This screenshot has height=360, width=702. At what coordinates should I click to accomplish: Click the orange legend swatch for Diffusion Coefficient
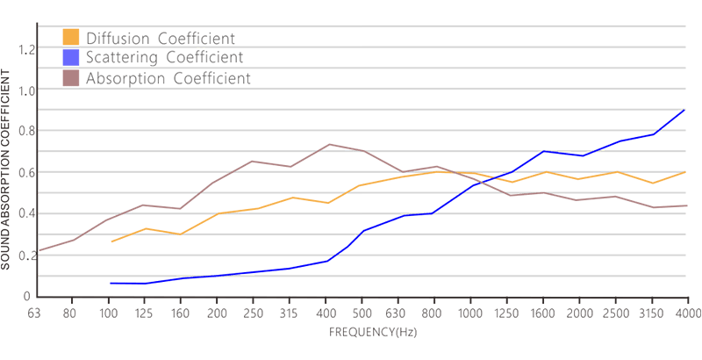[71, 37]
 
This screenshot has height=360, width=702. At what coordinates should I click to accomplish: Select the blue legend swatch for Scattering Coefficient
[71, 58]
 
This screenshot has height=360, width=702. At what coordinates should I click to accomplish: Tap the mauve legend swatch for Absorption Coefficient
[71, 78]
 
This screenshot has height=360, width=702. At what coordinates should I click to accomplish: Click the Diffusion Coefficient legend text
[158, 38]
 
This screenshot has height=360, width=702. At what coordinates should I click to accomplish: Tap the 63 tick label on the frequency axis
[35, 313]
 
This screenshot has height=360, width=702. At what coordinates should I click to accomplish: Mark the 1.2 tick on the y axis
[25, 49]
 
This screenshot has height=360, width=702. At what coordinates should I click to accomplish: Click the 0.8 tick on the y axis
[25, 132]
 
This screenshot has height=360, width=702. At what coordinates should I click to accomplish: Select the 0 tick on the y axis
[26, 296]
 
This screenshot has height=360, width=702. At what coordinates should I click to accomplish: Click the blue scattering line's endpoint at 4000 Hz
[684, 111]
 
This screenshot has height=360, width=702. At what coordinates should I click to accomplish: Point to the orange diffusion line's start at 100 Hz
[111, 241]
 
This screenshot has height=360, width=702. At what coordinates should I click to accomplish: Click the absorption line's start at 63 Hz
[36, 251]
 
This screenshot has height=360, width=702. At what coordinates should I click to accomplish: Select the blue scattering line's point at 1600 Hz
[544, 151]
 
